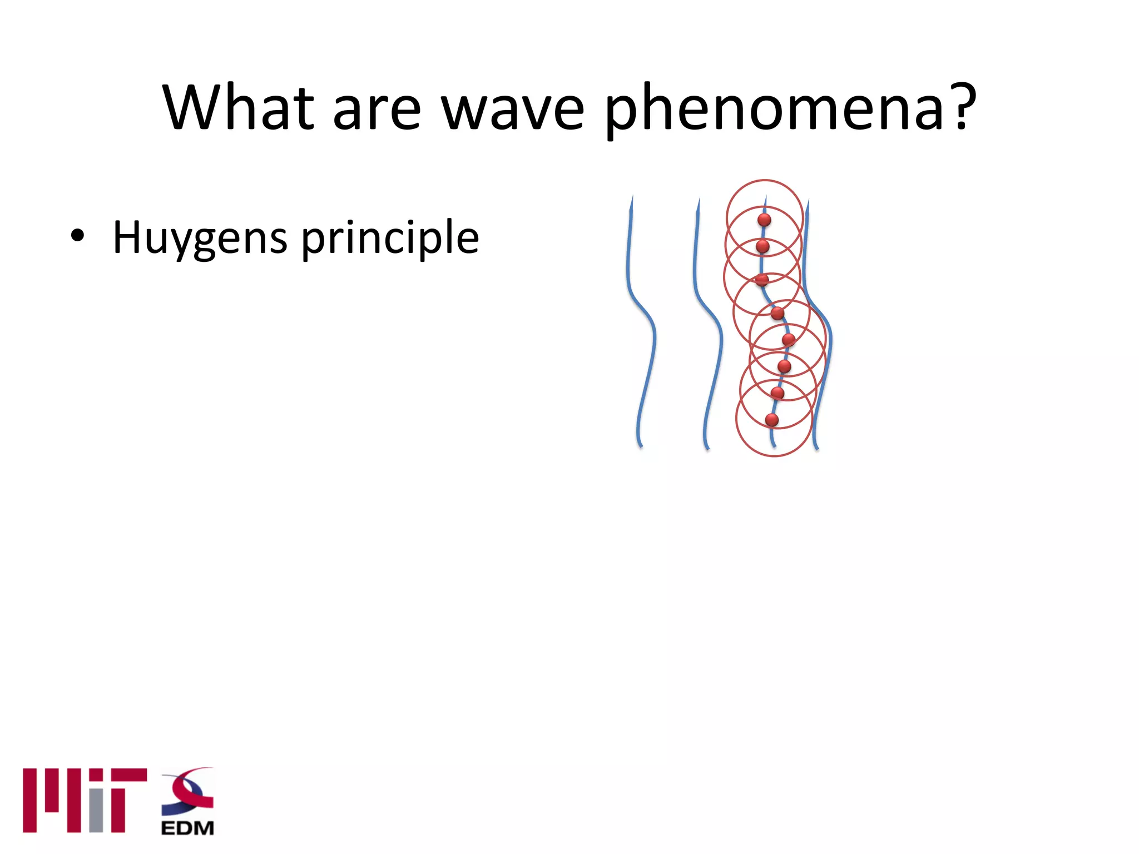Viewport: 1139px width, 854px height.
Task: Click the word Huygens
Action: coord(200,239)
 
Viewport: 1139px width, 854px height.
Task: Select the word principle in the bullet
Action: coord(390,239)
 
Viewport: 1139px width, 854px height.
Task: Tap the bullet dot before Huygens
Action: coord(77,236)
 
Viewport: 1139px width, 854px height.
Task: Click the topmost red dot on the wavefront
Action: coord(764,220)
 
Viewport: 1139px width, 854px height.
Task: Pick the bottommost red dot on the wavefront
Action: coord(771,420)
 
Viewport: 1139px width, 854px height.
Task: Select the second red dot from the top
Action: coord(763,246)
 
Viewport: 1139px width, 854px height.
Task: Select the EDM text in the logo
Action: coord(187,828)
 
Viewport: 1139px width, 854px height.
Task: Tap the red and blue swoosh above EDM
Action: coord(189,790)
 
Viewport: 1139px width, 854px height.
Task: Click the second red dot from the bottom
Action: coord(778,393)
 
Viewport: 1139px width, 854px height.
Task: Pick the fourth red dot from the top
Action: coord(778,314)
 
